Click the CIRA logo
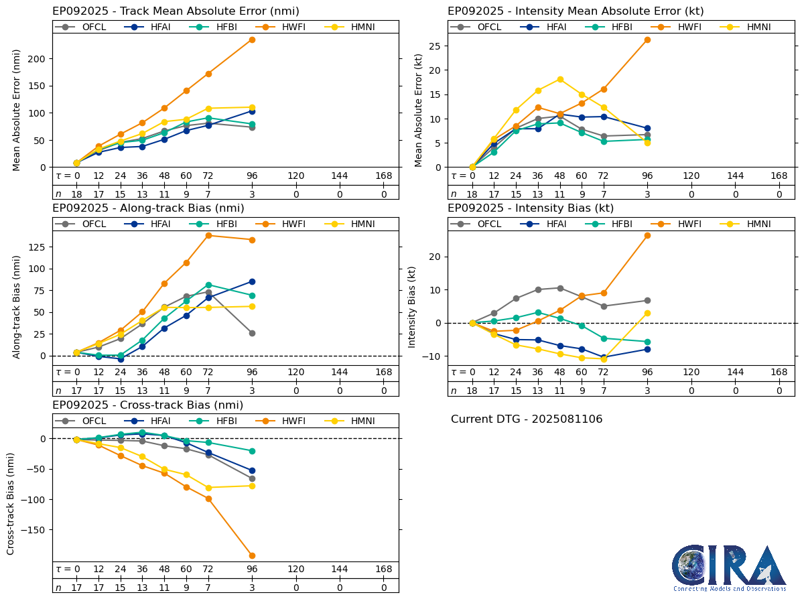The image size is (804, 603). [729, 568]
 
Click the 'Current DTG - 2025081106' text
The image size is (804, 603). [527, 419]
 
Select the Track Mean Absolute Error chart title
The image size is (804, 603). [176, 11]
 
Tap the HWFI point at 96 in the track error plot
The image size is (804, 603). [252, 40]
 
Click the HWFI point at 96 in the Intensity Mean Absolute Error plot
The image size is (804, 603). [647, 40]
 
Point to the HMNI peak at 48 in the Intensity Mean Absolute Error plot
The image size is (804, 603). [560, 79]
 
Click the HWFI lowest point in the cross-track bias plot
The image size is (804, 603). [252, 555]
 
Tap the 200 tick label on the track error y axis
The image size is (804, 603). [38, 58]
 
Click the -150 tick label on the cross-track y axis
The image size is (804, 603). [34, 529]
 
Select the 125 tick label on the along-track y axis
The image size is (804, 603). [38, 247]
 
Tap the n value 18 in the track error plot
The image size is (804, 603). [76, 194]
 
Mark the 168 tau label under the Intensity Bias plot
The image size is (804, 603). [779, 373]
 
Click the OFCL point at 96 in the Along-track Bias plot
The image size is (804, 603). [252, 333]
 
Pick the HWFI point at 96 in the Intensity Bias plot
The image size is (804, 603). [647, 235]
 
